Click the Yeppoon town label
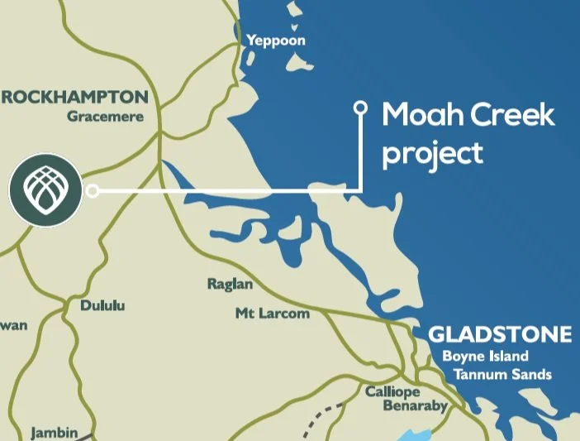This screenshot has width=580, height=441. click(275, 40)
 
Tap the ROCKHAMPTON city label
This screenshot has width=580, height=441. click(75, 96)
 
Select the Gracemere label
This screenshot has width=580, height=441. click(105, 117)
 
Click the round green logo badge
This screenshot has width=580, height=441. click(45, 189)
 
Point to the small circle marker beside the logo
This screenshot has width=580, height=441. click(93, 191)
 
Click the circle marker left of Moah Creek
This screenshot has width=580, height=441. click(359, 108)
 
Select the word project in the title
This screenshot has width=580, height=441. click(432, 153)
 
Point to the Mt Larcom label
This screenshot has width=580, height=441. click(273, 314)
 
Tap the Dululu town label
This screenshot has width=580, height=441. click(102, 306)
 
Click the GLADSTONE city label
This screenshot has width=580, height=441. click(500, 334)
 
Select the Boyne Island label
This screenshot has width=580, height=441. click(485, 357)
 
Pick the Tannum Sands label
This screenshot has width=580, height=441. click(502, 375)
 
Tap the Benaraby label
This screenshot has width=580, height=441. click(414, 406)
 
